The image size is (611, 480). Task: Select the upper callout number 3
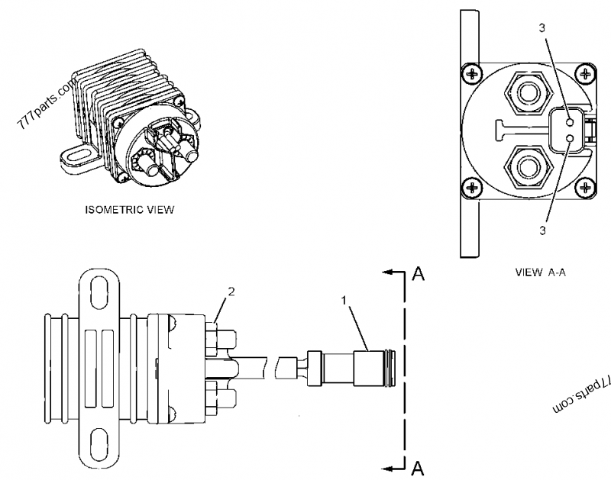pos(542,28)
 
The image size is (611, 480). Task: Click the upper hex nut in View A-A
pos(524,95)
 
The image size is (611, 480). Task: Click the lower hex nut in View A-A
pos(524,166)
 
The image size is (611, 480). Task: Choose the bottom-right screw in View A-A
pos(585,187)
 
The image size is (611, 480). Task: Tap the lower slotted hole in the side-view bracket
pos(99,440)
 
